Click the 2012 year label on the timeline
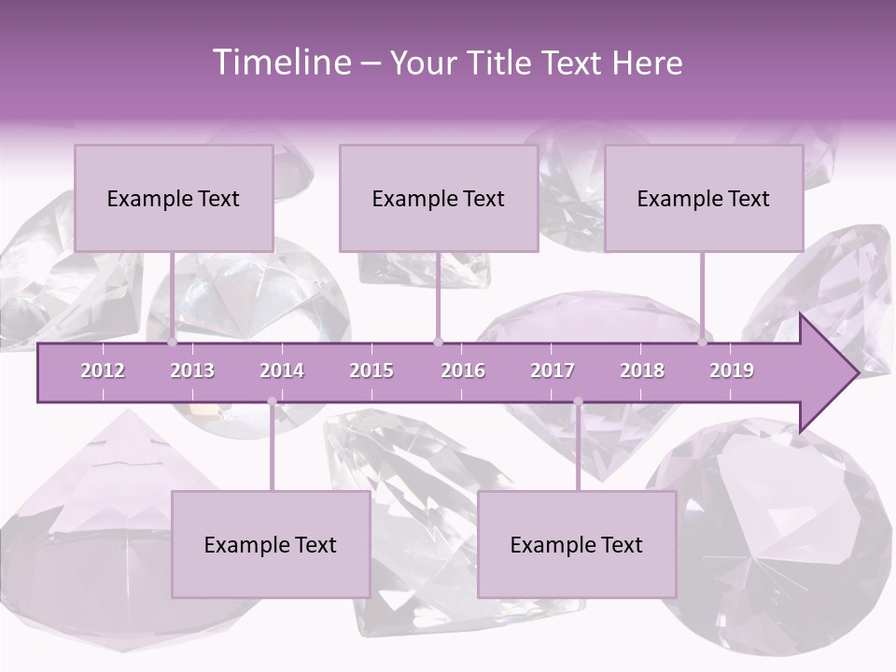click(103, 371)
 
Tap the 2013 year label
click(192, 371)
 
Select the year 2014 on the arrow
click(282, 371)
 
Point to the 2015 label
click(371, 371)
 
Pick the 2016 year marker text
click(463, 371)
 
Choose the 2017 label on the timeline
click(553, 371)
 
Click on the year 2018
click(642, 371)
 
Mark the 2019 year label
click(732, 371)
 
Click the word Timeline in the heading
click(281, 63)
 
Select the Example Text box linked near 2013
click(174, 198)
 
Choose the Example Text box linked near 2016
click(439, 198)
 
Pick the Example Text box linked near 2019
click(704, 198)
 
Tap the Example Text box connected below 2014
click(271, 544)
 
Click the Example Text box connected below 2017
click(577, 544)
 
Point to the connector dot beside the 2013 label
click(172, 343)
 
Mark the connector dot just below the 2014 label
click(272, 402)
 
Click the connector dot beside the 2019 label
click(703, 343)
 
